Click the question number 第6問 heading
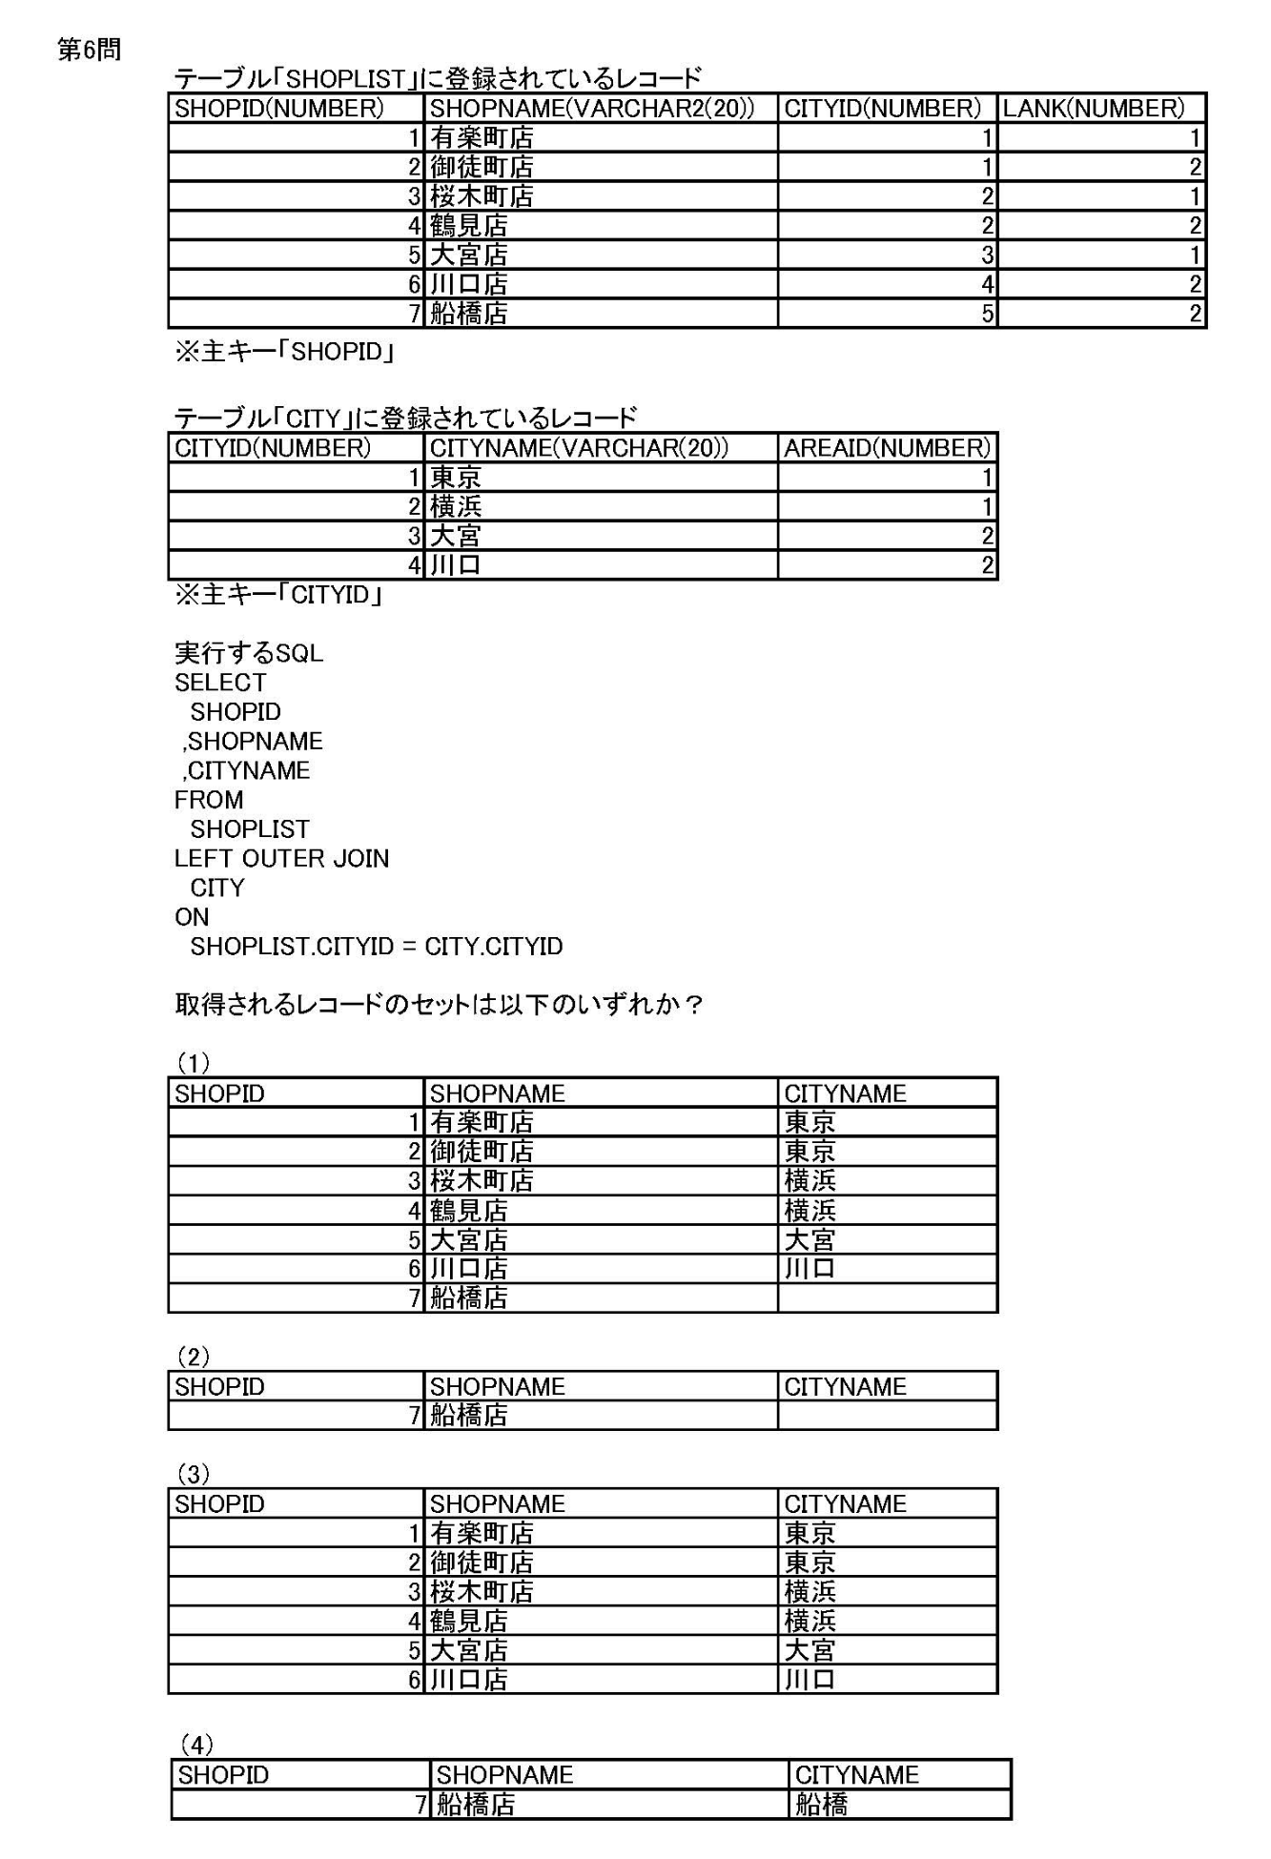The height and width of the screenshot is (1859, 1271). [x=89, y=50]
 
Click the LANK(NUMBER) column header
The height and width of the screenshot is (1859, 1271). [x=1093, y=109]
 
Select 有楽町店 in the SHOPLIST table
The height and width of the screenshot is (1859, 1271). [x=482, y=138]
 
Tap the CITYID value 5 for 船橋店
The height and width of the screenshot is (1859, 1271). [x=987, y=314]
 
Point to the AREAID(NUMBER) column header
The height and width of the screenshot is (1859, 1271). [x=887, y=448]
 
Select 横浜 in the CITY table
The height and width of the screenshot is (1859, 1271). [x=456, y=507]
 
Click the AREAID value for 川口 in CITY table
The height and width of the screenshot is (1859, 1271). [x=987, y=565]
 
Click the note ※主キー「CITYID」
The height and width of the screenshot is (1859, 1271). [x=278, y=595]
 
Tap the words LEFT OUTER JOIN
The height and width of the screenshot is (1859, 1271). [x=281, y=858]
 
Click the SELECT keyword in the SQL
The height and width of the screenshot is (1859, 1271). [x=220, y=683]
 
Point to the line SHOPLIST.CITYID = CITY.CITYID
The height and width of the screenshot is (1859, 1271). [x=377, y=947]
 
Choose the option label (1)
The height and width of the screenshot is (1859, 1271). [x=194, y=1063]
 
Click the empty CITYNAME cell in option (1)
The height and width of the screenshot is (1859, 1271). [x=887, y=1298]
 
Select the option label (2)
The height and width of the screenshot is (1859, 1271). [x=194, y=1357]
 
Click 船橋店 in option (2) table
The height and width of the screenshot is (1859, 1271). [x=468, y=1416]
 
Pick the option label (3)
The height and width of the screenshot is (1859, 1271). [x=194, y=1474]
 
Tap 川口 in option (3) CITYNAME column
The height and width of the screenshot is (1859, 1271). [x=810, y=1680]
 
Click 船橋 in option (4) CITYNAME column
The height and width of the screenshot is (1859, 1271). [x=821, y=1805]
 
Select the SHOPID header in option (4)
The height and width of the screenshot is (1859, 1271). [x=223, y=1775]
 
